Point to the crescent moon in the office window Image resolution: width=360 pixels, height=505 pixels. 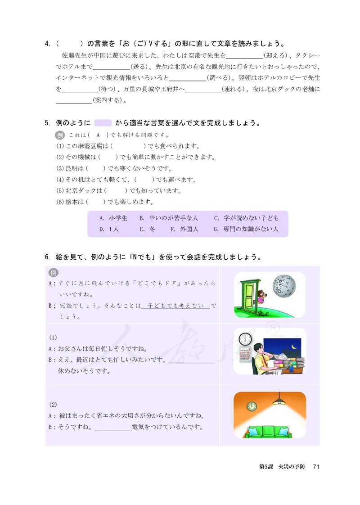point(293,347)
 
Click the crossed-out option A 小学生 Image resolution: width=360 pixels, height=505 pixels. point(118,218)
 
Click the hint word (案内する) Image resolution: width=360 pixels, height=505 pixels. point(108,100)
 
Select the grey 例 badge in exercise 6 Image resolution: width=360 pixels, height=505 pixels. point(54,273)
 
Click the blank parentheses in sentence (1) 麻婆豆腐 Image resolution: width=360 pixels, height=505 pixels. point(127,146)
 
